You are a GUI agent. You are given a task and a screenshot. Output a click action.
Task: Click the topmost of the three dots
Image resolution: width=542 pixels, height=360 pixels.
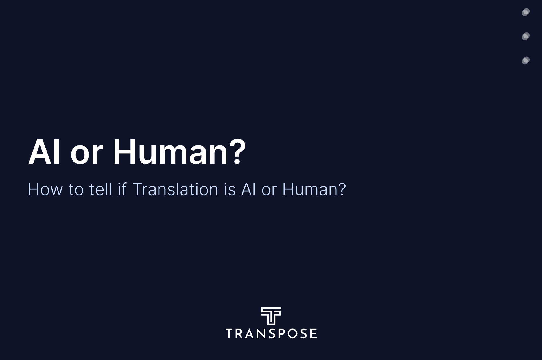[x=526, y=12]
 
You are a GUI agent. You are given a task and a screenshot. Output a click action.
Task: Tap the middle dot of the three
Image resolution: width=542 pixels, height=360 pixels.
[x=526, y=36]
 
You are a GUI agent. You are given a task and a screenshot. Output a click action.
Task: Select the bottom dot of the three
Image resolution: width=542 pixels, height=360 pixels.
[x=526, y=60]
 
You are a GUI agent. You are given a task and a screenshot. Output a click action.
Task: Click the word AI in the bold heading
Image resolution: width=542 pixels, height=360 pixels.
[x=44, y=152]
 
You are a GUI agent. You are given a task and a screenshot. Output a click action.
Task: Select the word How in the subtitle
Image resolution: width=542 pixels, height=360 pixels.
[x=45, y=189]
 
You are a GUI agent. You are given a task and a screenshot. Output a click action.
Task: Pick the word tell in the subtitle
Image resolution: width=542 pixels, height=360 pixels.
[x=100, y=189]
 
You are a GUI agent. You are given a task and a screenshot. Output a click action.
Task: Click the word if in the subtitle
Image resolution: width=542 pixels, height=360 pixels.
[x=122, y=189]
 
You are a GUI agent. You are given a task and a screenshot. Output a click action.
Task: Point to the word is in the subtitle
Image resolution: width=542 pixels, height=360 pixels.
[x=230, y=189]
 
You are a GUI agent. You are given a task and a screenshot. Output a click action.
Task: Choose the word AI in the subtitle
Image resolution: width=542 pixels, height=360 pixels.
[x=248, y=189]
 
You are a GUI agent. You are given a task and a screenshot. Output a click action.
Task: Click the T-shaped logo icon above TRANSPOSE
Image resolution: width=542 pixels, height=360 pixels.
[x=271, y=316]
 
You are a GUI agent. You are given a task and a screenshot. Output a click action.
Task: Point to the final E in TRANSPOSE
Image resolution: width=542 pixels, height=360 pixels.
[x=313, y=333]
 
